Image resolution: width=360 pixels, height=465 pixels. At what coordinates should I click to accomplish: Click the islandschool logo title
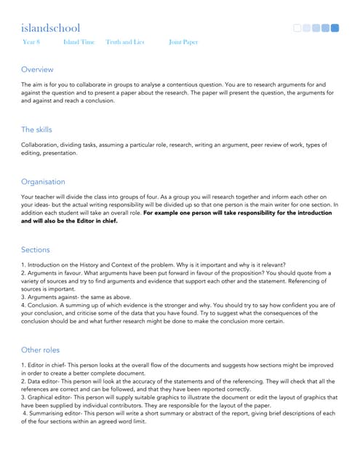pos(50,28)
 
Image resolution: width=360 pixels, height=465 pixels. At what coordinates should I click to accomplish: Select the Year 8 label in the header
pos(32,42)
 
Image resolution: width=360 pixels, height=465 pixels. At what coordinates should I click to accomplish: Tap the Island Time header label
pos(79,42)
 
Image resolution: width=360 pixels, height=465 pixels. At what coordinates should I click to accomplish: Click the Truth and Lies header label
pos(124,42)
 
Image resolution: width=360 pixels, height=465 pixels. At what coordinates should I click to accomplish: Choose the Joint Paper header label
pos(183,42)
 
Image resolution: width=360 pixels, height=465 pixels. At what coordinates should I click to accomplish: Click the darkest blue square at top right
pos(335,28)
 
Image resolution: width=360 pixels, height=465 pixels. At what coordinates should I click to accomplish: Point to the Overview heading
pos(37,69)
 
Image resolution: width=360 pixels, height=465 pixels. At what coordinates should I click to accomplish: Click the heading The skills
pos(36,129)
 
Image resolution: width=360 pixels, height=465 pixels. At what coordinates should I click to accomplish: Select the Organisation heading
pos(43,182)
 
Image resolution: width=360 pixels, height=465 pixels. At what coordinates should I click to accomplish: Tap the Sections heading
pos(36,249)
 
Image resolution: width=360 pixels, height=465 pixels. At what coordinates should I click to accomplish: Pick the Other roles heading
pos(41,349)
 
